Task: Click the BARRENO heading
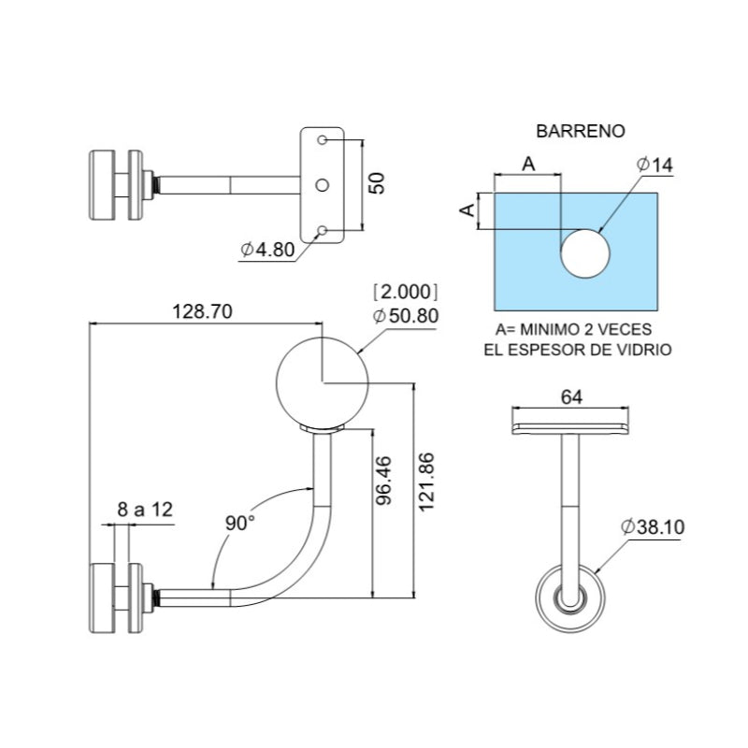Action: (580, 131)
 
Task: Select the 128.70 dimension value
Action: (199, 311)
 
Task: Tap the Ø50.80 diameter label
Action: (405, 315)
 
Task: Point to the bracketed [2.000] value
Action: (405, 290)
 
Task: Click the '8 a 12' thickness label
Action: (146, 510)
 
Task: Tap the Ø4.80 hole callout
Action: (267, 250)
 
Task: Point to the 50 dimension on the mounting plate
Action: (375, 181)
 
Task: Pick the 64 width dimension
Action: (570, 396)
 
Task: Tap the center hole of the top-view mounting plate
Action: (323, 185)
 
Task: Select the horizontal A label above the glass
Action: (527, 163)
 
